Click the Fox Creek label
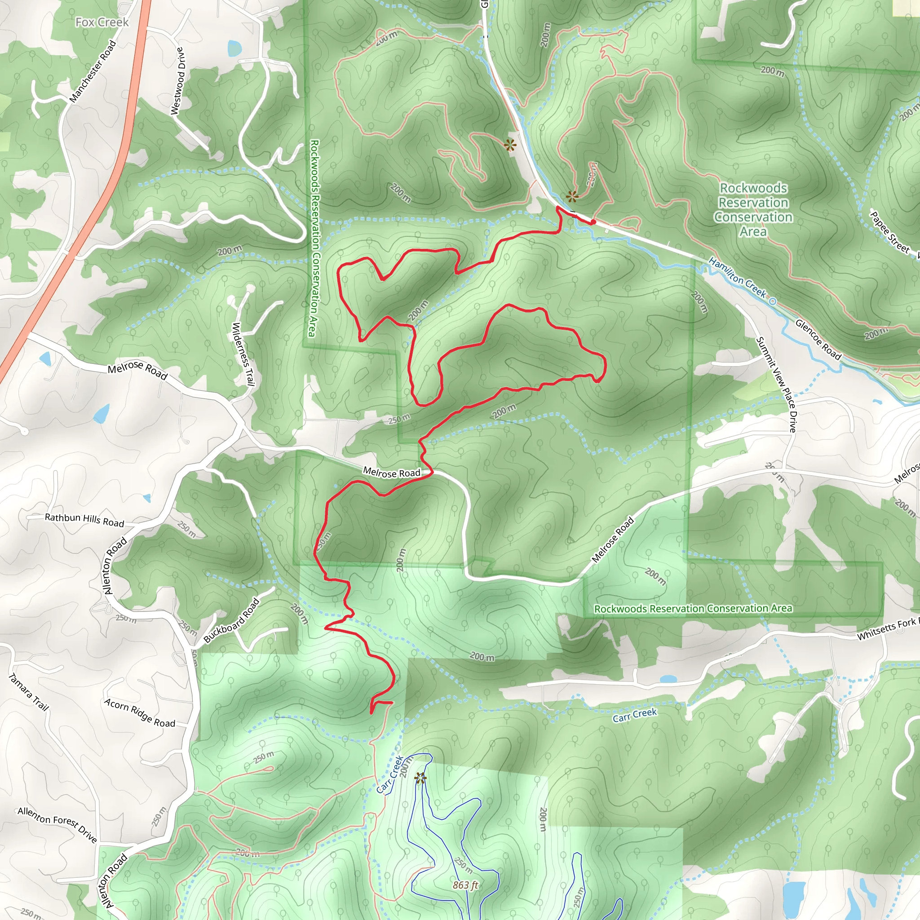102,22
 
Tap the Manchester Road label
93,71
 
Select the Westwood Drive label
177,80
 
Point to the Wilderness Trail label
243,354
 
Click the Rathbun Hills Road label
84,520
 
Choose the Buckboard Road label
232,620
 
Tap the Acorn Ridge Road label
140,713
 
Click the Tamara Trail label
29,692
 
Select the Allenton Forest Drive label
57,824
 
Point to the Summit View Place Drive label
776,384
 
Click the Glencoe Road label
818,340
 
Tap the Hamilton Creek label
739,278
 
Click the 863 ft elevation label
465,885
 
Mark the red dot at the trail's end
593,222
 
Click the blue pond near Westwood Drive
234,48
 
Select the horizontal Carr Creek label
634,715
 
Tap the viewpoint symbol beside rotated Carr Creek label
420,778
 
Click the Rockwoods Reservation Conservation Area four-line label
753,209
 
